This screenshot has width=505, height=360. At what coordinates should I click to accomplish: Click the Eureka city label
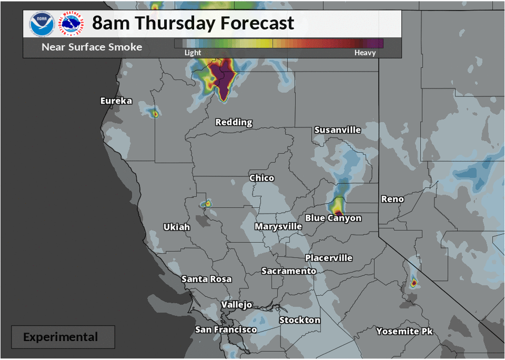pos(116,101)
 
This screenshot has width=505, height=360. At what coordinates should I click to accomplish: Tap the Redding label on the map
pos(234,122)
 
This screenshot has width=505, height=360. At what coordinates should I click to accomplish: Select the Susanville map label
pos(337,129)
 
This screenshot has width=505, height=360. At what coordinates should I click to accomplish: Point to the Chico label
pos(261,178)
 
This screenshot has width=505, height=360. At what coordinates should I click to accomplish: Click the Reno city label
pos(392,199)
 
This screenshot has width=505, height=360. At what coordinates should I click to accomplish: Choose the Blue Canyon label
pos(334,218)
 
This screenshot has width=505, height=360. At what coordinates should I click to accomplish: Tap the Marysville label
pos(278,226)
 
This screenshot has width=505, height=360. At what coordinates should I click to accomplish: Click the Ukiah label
pos(176,227)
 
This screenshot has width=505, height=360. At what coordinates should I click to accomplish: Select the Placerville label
pos(329,258)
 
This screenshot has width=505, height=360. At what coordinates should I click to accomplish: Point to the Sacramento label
pos(289,271)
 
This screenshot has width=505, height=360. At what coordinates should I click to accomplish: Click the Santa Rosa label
pos(206,279)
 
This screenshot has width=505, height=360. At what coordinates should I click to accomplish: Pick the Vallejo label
pos(236,305)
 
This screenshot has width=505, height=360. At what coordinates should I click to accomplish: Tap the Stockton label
pos(299,320)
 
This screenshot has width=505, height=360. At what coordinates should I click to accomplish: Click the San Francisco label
pos(226,329)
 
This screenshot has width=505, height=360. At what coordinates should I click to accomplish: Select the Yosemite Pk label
pos(405,331)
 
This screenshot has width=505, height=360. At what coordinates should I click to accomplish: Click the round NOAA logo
pos(42,24)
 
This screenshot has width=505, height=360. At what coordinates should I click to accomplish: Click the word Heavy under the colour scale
pos(365,53)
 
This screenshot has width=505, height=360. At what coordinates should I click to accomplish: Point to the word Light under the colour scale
pos(193,53)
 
